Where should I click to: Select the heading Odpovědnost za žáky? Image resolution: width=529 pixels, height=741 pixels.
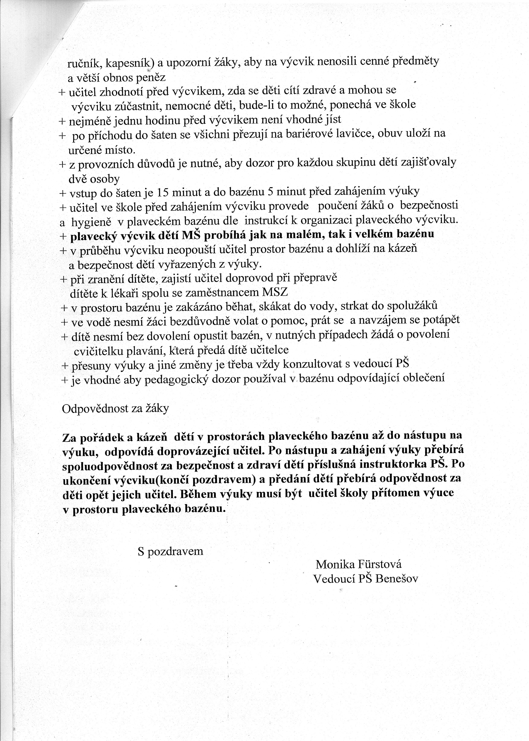(x=115, y=409)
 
